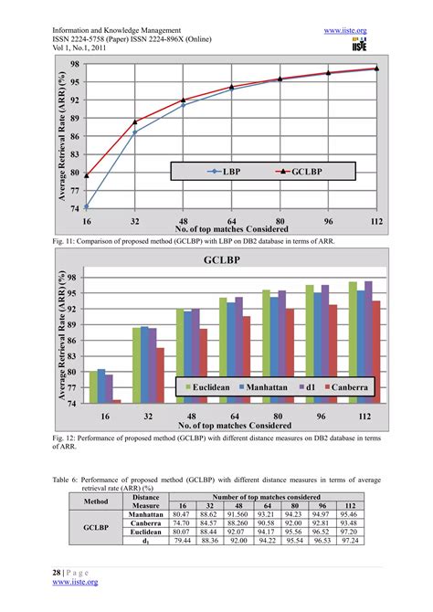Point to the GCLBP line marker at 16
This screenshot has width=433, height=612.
click(87, 174)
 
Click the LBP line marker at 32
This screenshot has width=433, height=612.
click(135, 132)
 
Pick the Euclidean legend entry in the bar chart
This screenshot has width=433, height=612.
click(215, 387)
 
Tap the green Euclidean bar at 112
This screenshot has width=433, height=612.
click(353, 342)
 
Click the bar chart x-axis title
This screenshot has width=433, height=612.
click(231, 425)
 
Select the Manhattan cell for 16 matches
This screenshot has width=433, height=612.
click(184, 514)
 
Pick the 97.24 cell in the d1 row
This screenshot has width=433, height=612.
click(348, 542)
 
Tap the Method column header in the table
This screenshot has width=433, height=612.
click(96, 501)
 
